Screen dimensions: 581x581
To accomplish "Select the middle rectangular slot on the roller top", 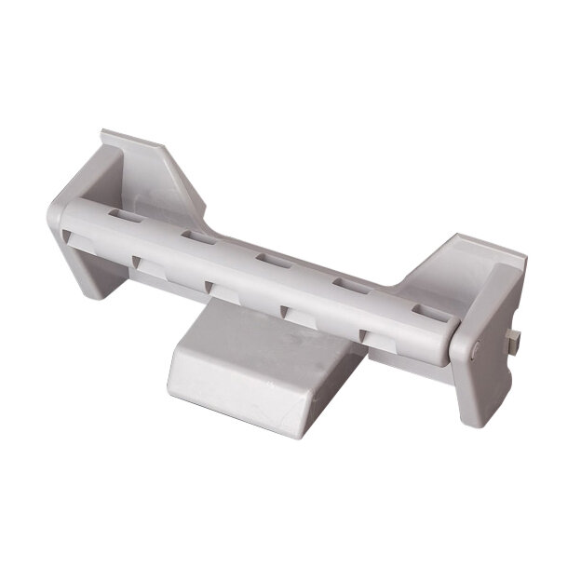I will (x=272, y=260).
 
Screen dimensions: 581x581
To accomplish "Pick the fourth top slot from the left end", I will (x=349, y=285).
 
